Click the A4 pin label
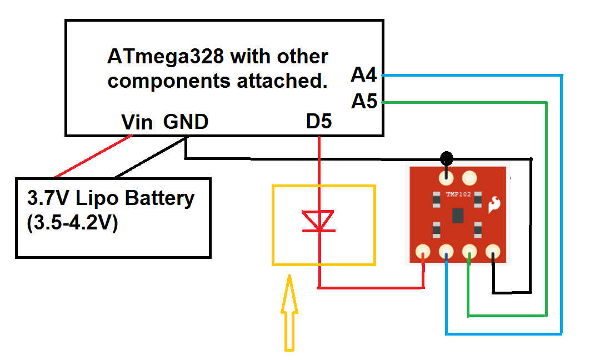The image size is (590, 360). point(364,74)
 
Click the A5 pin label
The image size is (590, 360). point(364,102)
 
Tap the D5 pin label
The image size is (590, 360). point(319,122)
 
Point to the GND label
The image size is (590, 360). point(186,122)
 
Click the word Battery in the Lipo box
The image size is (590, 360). point(162,198)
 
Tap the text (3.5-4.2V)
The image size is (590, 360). point(72,224)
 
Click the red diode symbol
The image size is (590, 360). point(319,221)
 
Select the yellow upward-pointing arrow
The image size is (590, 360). point(289,314)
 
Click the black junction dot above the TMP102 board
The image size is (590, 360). point(446,158)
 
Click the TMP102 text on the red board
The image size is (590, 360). point(458,196)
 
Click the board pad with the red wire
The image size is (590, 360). point(423,253)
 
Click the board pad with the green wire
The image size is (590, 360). point(470,253)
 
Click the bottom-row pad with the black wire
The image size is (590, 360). point(493,253)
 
